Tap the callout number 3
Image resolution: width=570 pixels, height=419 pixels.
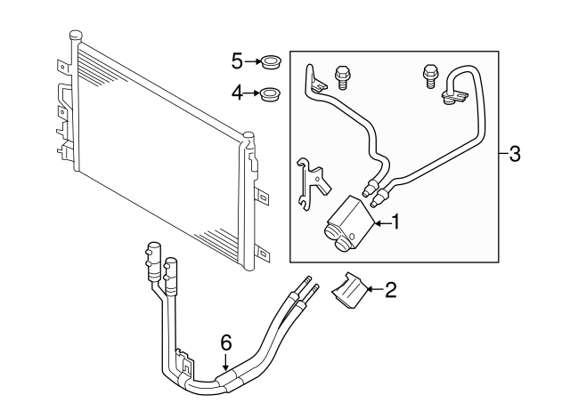pos(514,154)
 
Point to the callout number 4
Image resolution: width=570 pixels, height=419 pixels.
pos(237,91)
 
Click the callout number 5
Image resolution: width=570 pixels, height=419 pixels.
pos(237,60)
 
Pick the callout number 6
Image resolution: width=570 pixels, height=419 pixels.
pos(226,342)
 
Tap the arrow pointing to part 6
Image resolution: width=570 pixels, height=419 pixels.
pos(226,362)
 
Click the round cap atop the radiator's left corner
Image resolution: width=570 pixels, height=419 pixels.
pos(76,35)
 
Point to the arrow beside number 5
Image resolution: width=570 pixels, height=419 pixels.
pos(251,61)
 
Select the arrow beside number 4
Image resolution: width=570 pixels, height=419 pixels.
pos(251,91)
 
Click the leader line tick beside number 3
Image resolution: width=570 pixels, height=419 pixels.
pos(501,154)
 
